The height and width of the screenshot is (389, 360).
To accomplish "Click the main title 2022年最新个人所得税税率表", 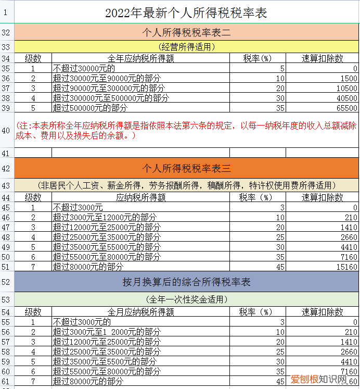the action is (x=186, y=12).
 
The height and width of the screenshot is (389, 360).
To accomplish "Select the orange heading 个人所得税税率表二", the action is (x=186, y=33).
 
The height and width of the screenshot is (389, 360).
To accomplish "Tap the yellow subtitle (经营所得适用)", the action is (x=186, y=47).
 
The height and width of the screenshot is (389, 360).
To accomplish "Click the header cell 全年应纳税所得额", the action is (x=140, y=58).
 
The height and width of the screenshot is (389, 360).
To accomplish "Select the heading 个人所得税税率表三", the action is (x=186, y=169).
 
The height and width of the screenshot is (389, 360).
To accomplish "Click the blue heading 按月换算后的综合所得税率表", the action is (x=186, y=282).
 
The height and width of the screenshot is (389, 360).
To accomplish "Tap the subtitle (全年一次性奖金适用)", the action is (x=186, y=299).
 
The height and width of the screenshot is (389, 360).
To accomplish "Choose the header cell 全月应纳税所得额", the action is (x=140, y=312).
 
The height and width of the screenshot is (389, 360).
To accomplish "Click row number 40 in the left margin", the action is (x=6, y=130).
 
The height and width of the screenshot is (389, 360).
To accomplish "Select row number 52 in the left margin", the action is (x=6, y=282).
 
